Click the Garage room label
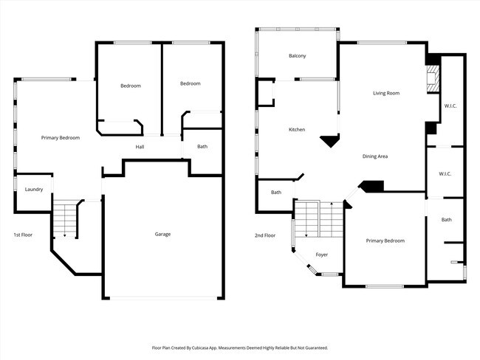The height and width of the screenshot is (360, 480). [162, 234]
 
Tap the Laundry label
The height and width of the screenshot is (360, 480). [34, 190]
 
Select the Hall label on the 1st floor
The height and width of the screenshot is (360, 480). [140, 147]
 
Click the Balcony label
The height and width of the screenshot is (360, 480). [298, 56]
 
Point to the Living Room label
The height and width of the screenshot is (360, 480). [385, 93]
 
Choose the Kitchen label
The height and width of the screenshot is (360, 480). [296, 130]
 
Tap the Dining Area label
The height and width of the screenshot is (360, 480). [375, 156]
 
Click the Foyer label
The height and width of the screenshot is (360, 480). [321, 255]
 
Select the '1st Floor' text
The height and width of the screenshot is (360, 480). [22, 235]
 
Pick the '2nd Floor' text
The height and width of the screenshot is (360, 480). [264, 235]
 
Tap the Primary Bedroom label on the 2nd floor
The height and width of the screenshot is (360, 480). [385, 240]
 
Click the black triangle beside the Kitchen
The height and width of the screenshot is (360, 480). [329, 140]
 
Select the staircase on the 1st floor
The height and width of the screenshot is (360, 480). [65, 219]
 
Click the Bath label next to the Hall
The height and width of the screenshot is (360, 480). [202, 146]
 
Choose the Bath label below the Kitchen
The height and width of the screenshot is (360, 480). [276, 193]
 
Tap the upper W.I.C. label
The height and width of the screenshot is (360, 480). [450, 106]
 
